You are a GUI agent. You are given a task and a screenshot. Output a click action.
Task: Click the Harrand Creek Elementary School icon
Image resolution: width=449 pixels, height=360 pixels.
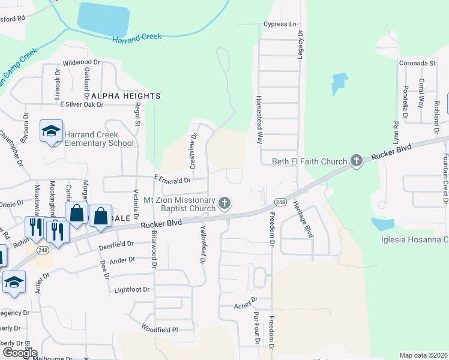(x=52, y=131)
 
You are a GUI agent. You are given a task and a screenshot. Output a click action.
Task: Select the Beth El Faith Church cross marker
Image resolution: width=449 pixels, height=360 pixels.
(x=357, y=160)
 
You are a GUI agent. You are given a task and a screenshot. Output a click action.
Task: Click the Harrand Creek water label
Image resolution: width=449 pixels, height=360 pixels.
(x=137, y=37)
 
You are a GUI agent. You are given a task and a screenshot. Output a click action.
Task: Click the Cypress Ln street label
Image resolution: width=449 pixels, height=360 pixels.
(x=280, y=25)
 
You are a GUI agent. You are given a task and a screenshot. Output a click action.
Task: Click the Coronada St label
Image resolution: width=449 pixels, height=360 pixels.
(x=417, y=62)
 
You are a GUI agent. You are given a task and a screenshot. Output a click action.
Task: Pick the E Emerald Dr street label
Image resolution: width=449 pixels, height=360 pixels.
(x=172, y=179)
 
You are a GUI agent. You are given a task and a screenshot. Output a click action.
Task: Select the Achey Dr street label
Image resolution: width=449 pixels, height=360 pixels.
(x=246, y=299)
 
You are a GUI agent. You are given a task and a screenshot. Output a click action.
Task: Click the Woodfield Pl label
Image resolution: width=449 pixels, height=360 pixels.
(x=160, y=329)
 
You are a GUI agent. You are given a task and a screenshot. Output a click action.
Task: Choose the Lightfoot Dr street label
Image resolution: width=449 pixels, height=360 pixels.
(x=131, y=289)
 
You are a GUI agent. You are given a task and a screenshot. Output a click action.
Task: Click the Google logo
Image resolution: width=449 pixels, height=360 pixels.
(x=19, y=353)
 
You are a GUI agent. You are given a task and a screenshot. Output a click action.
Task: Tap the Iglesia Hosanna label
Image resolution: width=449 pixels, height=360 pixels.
(x=415, y=240)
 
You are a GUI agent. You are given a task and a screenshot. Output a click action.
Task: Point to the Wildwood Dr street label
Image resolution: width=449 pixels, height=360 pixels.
(x=81, y=62)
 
